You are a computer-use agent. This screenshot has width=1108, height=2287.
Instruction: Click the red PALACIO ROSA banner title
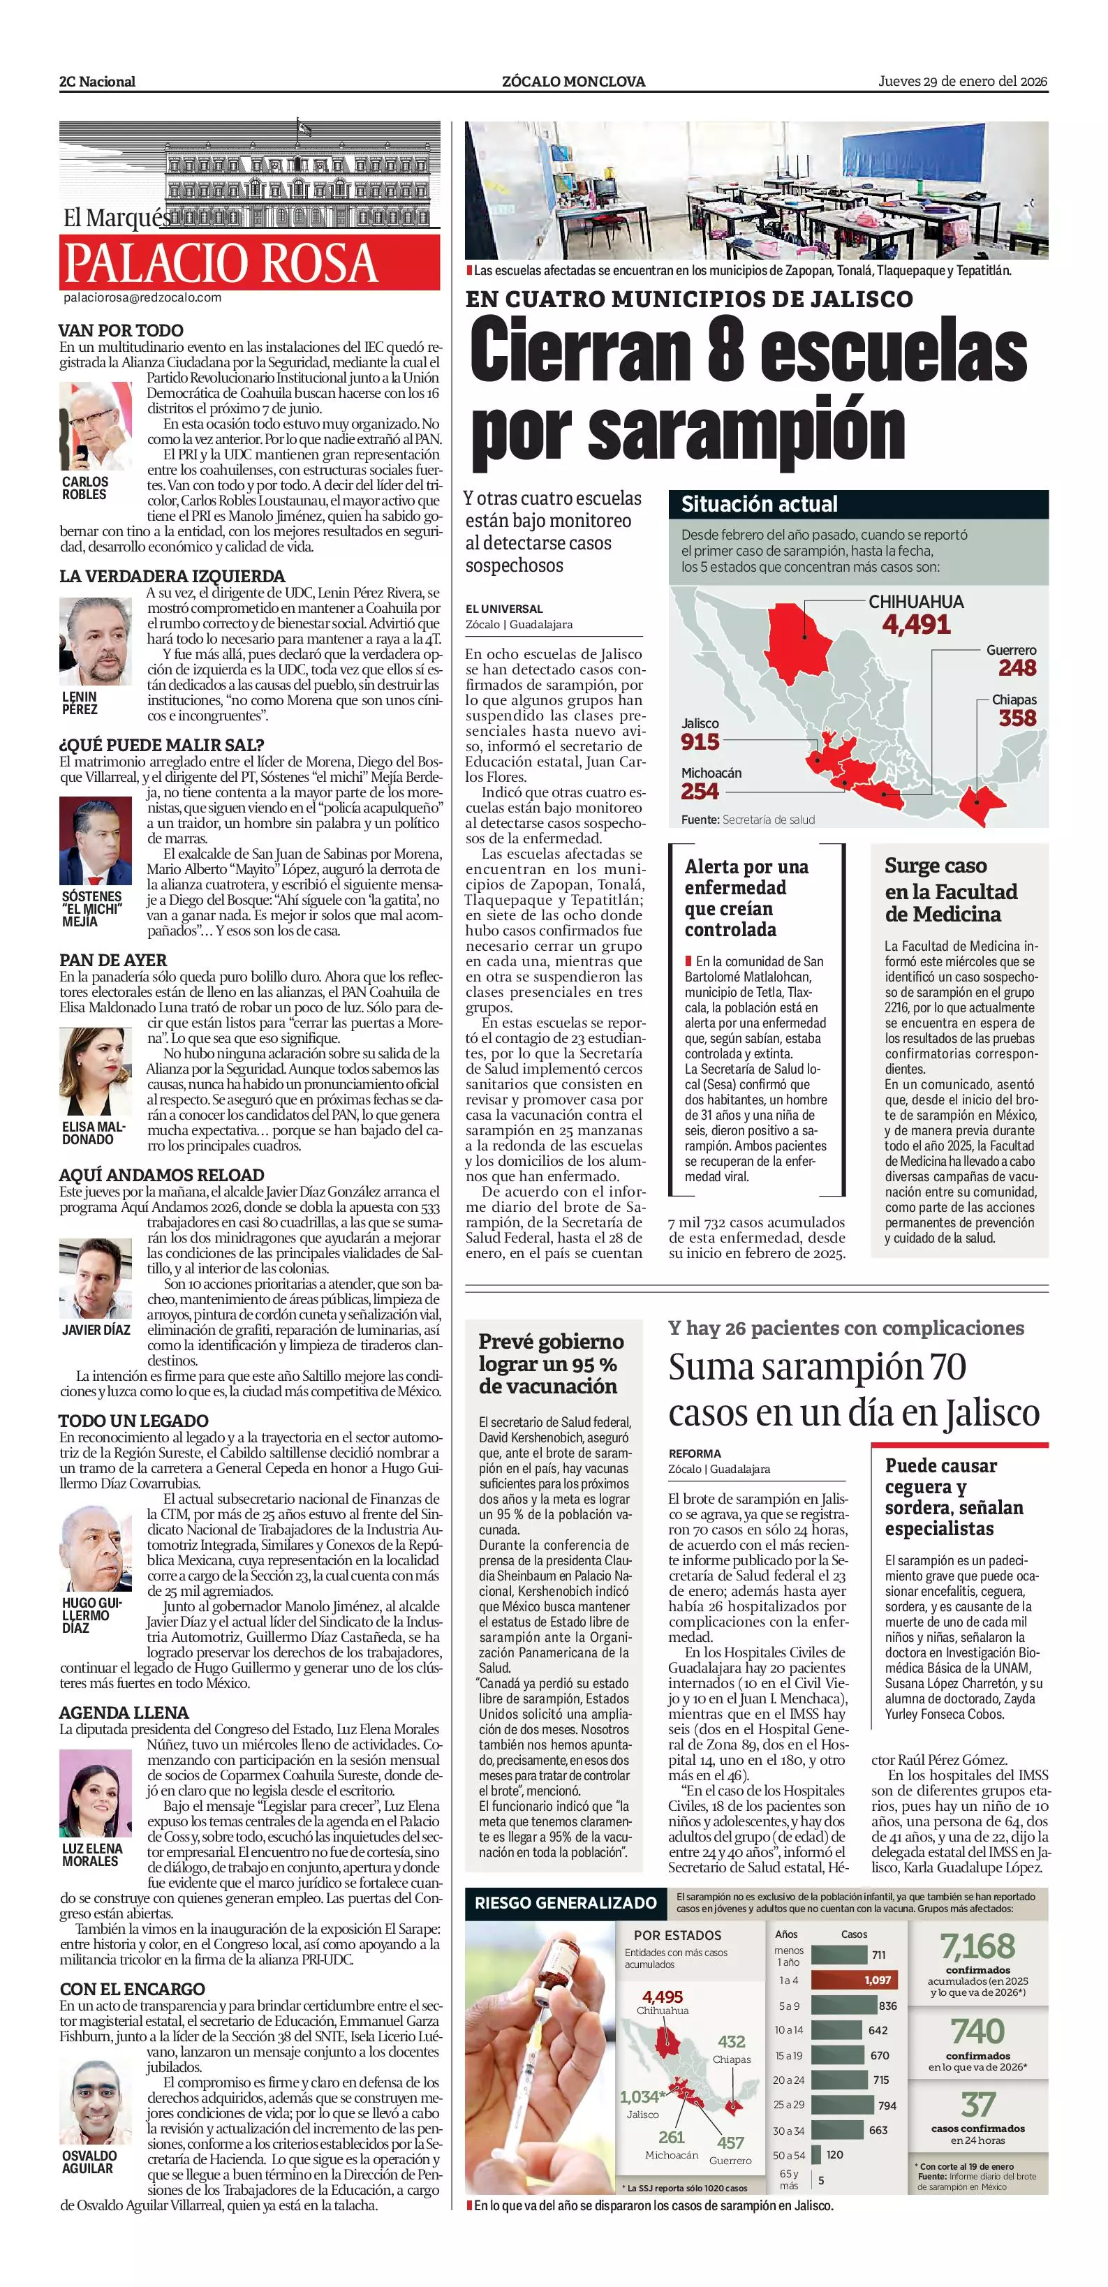(221, 262)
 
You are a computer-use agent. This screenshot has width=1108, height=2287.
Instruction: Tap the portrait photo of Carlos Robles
(95, 426)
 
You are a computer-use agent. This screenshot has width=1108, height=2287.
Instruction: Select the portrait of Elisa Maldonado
(95, 1072)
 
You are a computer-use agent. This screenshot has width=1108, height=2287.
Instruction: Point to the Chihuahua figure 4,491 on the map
(915, 624)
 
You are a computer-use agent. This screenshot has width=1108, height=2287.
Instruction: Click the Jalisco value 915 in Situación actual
(700, 742)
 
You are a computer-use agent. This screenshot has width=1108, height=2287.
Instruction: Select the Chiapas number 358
(1017, 718)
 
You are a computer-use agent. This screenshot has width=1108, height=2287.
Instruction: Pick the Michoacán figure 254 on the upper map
(700, 791)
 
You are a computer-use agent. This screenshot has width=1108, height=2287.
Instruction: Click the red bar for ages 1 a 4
(853, 1981)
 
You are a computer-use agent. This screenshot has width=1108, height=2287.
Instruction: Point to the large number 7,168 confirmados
(977, 1947)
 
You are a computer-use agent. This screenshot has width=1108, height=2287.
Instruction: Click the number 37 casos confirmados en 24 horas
(977, 2104)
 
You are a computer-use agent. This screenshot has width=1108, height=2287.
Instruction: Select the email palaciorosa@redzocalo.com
(142, 298)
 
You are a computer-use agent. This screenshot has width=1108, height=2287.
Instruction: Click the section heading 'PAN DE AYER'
(112, 960)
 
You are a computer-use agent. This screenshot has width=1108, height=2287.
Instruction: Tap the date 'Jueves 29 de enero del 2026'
(962, 82)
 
